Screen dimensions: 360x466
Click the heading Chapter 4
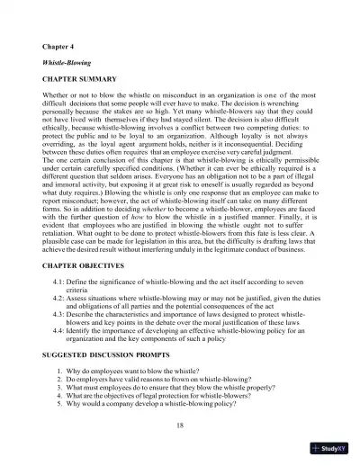tap(59, 44)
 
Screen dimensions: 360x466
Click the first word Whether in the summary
tap(57, 97)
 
